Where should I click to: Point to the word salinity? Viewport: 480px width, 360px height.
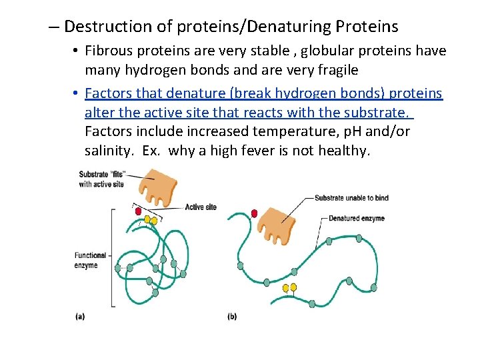pos(107,151)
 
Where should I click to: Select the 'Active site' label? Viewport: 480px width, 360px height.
pos(200,207)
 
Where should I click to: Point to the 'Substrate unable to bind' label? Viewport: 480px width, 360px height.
pos(351,198)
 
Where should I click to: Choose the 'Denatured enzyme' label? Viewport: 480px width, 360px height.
pos(356,218)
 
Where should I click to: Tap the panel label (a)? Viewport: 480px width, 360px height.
pos(80,316)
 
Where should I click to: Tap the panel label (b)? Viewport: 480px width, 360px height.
pos(232,316)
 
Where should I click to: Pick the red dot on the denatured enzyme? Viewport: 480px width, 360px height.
pos(254,213)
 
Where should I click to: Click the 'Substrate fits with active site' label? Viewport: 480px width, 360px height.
pos(101,179)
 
